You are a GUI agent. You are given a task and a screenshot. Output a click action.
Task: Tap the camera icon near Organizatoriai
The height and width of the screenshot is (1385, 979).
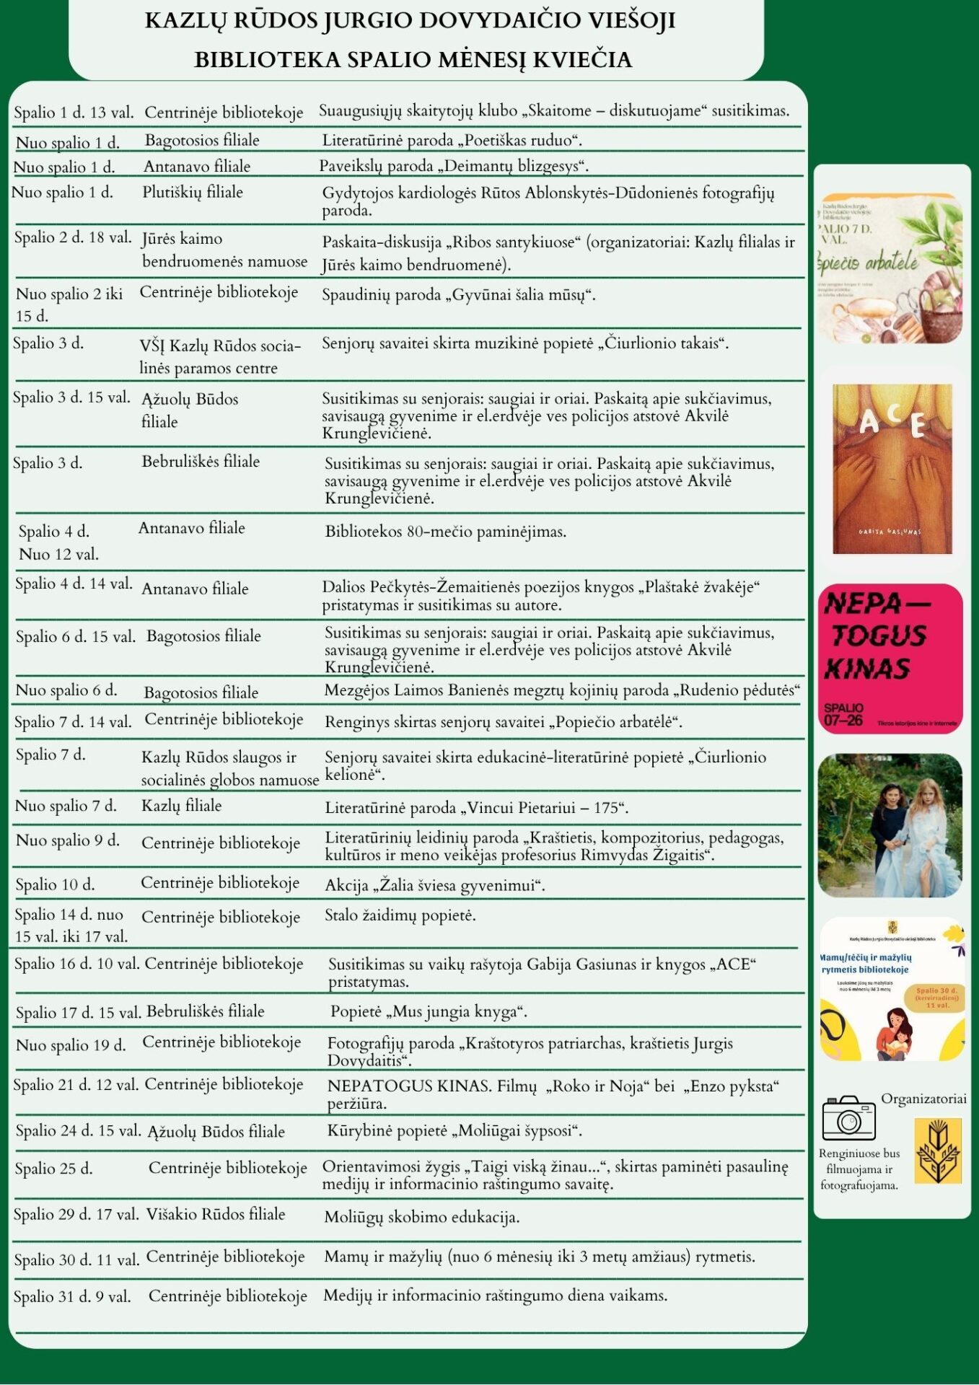[x=848, y=1117]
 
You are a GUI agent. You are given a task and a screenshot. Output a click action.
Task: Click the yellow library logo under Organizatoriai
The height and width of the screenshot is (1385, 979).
[x=937, y=1151]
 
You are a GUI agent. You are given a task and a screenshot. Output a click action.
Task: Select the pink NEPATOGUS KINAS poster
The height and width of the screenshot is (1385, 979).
[x=890, y=659]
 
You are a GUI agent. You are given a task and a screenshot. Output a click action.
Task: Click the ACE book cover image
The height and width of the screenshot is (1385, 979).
[x=892, y=469]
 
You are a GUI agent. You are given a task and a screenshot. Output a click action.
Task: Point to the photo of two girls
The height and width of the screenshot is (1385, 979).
[x=890, y=825]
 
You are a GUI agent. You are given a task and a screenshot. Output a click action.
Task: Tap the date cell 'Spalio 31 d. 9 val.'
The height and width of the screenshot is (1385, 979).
[x=72, y=1297]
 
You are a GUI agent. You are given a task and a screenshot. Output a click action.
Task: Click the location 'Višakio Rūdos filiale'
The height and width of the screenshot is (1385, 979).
[x=216, y=1214]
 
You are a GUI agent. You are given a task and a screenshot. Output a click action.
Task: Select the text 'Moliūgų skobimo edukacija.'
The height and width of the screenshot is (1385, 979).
[x=421, y=1217]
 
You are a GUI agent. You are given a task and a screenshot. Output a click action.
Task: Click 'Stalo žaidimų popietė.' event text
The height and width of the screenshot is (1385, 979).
[x=400, y=915]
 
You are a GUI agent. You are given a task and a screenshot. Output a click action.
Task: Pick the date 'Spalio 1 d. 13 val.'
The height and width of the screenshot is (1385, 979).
[x=74, y=113]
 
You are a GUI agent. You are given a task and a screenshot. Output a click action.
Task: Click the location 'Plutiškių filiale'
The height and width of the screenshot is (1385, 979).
[x=193, y=192]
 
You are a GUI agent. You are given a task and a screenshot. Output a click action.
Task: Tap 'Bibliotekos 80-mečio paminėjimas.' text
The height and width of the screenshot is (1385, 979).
[x=445, y=532]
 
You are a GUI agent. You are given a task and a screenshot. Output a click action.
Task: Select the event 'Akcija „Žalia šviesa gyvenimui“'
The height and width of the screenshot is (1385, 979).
[x=434, y=885]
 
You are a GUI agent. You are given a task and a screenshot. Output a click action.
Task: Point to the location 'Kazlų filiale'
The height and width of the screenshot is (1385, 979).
[x=181, y=806]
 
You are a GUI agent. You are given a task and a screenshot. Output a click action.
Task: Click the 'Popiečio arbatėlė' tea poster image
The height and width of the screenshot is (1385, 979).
[x=890, y=268]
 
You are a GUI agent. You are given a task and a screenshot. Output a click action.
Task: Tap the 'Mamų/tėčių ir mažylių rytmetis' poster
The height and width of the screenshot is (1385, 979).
[x=892, y=989]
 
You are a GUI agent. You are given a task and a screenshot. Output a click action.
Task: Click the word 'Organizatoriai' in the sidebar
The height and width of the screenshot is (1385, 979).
[x=923, y=1099]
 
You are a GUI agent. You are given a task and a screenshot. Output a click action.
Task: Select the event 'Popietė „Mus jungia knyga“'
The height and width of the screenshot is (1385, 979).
[x=429, y=1011]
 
